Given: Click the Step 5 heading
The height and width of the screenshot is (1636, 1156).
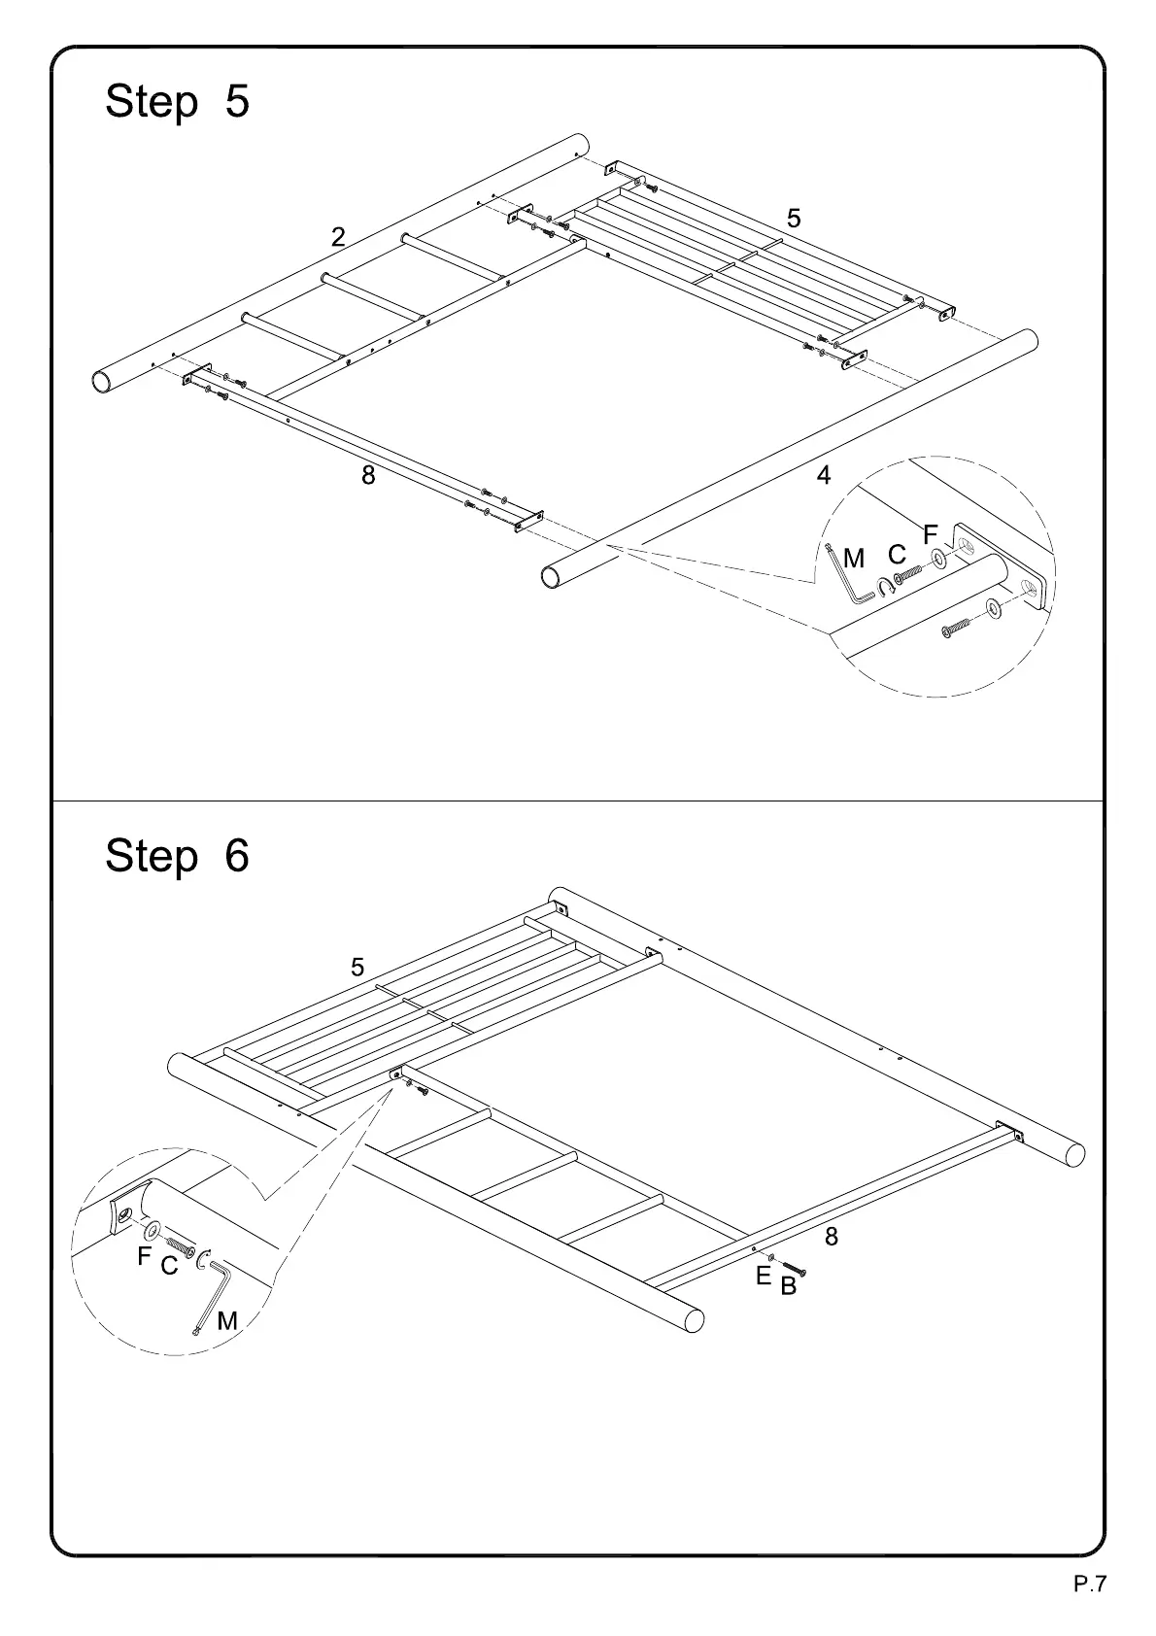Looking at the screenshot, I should pos(177,101).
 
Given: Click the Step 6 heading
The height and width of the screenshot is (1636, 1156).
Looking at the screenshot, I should pos(177,856).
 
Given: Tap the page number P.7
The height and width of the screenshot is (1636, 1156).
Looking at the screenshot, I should pos(1089,1585).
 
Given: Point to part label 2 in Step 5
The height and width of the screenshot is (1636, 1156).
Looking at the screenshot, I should pos(338,237).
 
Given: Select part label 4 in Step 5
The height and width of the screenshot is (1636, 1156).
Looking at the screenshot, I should pos(824,476).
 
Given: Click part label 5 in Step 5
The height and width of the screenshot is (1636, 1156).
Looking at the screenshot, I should pos(794,220).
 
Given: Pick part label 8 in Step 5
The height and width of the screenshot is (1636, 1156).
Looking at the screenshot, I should pos(368,476).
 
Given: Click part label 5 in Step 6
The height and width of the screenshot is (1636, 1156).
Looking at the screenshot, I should pos(357,968).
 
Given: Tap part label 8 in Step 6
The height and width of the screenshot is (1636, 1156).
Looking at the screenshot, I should pos(832,1237).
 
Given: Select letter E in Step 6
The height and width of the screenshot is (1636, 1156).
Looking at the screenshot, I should pos(764,1277).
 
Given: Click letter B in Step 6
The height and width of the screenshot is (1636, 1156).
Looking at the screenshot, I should pos(788,1287).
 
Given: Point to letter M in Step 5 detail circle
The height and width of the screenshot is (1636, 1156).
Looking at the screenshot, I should pos(854,560).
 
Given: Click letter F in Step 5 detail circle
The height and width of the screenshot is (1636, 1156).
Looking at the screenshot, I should pos(930,534).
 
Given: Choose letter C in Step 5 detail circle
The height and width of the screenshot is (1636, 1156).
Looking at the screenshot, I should pos(897,555).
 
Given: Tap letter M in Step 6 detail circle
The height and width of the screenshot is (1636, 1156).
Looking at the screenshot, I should pos(227,1321).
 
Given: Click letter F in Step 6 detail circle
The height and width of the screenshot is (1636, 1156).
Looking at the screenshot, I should pos(144,1257).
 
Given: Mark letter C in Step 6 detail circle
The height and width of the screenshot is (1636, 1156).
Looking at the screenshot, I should pos(169,1267).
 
